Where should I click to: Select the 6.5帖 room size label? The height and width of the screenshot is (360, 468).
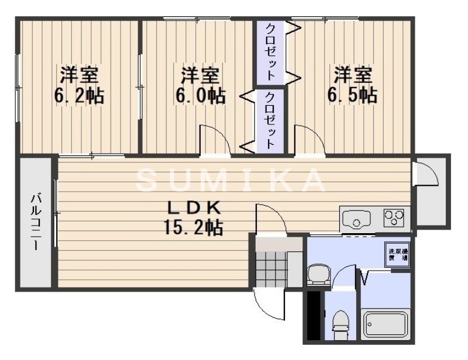[x=352, y=95]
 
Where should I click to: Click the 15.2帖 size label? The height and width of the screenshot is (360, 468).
[x=193, y=227]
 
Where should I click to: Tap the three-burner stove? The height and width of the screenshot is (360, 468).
[x=395, y=219]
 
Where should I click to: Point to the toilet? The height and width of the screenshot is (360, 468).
[x=339, y=321]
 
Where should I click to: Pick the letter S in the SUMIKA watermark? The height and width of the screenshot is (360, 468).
[x=146, y=181]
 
